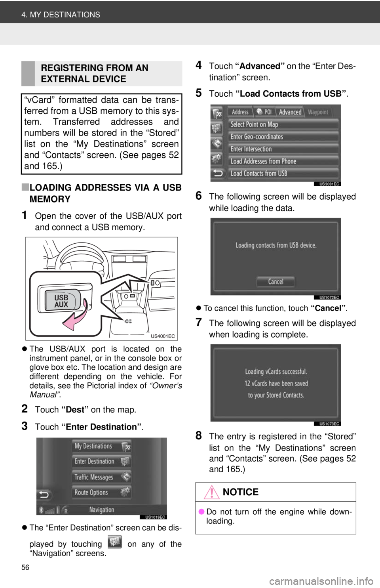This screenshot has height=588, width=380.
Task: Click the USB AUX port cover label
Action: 61,301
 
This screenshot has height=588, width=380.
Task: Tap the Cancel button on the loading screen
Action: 275,281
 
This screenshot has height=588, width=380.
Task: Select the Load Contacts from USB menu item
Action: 283,174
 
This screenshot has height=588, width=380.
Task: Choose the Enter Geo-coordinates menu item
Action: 283,137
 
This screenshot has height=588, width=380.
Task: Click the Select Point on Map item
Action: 283,124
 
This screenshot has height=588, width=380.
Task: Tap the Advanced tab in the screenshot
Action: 290,112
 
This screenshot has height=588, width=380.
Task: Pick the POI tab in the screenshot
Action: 264,112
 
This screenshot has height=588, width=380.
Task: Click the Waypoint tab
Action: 318,112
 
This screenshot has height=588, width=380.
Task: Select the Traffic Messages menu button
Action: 102,477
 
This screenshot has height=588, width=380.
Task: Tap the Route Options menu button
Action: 102,492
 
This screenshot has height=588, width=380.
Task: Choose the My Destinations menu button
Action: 102,446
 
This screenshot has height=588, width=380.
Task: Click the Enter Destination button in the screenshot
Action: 102,461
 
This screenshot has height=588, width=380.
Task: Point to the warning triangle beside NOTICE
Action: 211,492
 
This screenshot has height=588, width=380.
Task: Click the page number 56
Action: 25,567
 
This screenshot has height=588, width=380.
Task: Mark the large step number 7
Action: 199,322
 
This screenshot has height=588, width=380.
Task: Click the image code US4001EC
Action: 163,336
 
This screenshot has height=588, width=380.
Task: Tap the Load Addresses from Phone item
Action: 283,161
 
